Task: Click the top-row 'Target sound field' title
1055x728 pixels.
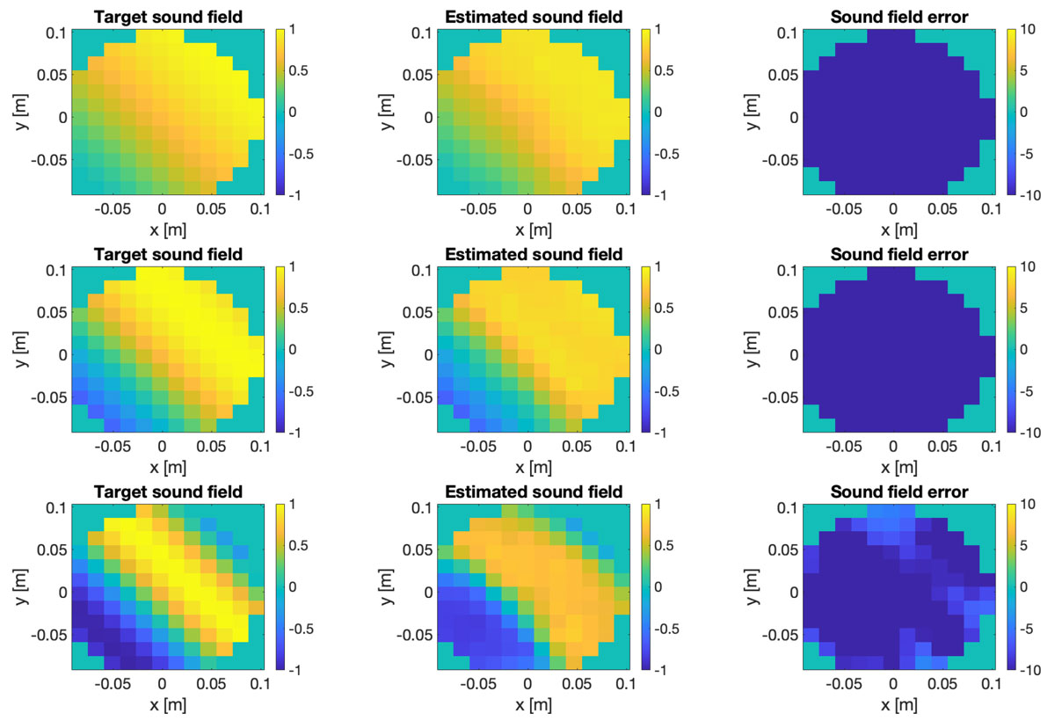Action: pyautogui.click(x=169, y=16)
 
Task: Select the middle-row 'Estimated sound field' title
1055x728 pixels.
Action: pyautogui.click(x=535, y=254)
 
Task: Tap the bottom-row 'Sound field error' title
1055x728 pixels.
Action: pyautogui.click(x=900, y=492)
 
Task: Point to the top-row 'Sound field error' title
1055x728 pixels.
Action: pyautogui.click(x=900, y=16)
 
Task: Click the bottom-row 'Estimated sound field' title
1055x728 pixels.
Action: pyautogui.click(x=535, y=492)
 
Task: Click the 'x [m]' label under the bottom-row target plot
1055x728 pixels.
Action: pyautogui.click(x=169, y=705)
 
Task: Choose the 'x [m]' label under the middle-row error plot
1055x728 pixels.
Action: pyautogui.click(x=900, y=467)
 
